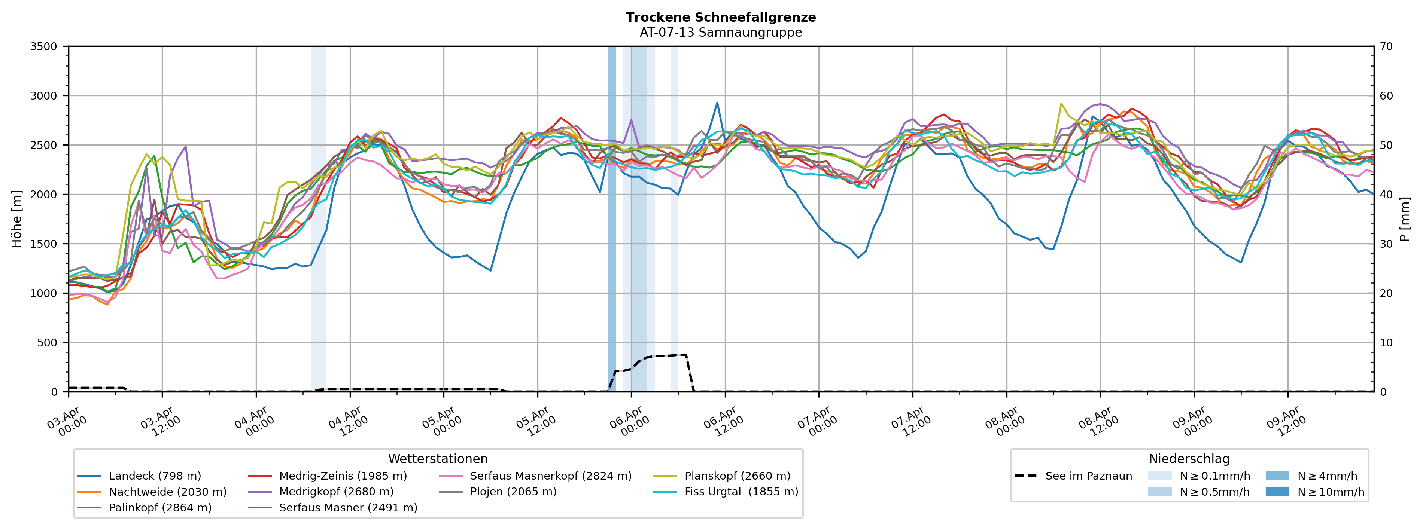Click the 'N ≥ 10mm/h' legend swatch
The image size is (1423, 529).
(x=1277, y=492)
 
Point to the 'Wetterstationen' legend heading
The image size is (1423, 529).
(x=438, y=459)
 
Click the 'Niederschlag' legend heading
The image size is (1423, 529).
(x=1189, y=459)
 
